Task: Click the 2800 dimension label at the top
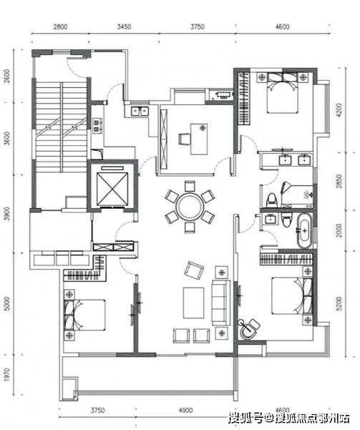click(60, 27)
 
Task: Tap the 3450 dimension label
click(124, 27)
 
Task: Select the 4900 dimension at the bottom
click(185, 410)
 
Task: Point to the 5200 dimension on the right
click(339, 303)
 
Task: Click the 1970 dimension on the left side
click(7, 375)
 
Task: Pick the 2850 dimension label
click(339, 181)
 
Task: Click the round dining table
click(190, 206)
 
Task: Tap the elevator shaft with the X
click(112, 189)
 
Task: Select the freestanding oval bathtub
click(304, 230)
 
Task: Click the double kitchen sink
click(140, 112)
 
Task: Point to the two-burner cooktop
click(97, 126)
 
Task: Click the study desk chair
click(184, 139)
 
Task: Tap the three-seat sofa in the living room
click(220, 303)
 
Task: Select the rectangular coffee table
click(193, 303)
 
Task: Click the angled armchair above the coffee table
click(194, 270)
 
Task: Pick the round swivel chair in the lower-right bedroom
click(248, 329)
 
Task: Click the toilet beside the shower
click(272, 200)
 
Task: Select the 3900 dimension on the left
click(7, 213)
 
